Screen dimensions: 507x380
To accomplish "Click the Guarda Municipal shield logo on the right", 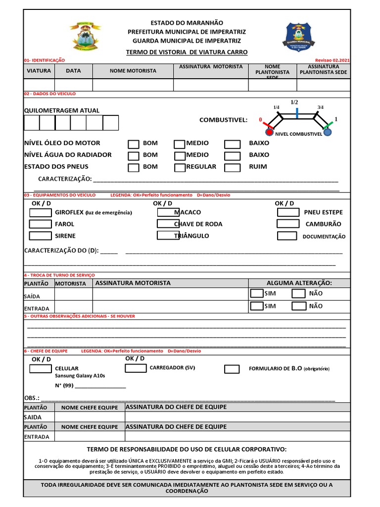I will (298, 37).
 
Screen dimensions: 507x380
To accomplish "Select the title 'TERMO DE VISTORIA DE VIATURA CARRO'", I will (187, 52).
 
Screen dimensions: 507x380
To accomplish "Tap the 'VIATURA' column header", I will (39, 71).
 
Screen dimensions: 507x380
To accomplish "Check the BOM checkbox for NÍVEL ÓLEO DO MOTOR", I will (134, 144).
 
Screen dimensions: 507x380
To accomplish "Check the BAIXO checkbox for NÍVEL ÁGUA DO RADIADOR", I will (232, 156).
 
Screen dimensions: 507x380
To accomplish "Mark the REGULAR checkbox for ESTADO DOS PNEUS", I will (180, 168).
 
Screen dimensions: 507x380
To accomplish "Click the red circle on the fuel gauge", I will (269, 132).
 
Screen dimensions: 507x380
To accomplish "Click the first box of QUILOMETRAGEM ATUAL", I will (32, 122).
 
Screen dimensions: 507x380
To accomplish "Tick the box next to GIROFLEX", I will (40, 213).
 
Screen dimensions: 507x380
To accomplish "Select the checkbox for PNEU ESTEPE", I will (287, 212).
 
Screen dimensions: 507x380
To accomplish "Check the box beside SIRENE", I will (40, 236).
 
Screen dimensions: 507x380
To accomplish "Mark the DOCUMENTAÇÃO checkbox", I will (287, 236).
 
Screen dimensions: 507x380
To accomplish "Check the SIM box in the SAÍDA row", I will (256, 293).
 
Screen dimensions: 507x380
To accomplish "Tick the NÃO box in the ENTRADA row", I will (299, 306).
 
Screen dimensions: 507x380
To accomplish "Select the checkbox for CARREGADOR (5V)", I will (135, 368).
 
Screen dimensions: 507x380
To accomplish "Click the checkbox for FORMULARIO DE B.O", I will (232, 369).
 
